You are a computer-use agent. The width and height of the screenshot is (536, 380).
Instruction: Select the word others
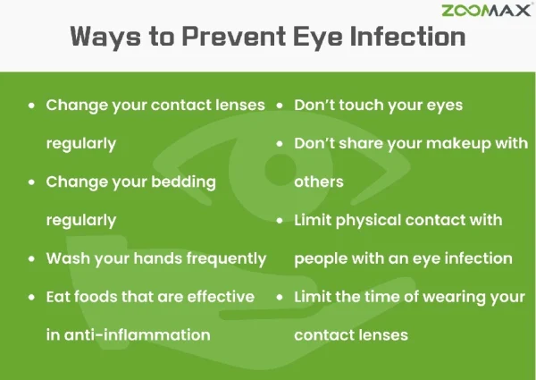[319, 182]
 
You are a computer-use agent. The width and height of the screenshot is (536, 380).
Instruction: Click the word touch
[364, 105]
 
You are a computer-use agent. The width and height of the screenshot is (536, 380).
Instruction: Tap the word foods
[100, 297]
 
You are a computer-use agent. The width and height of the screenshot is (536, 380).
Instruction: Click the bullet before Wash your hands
[32, 258]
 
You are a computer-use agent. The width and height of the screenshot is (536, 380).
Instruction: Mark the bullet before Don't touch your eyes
[281, 105]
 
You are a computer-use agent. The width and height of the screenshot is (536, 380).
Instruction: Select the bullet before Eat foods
[32, 297]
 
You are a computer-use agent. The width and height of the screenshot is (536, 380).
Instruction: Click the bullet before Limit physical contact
[281, 220]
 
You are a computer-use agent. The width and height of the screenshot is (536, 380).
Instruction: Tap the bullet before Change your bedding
[32, 182]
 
